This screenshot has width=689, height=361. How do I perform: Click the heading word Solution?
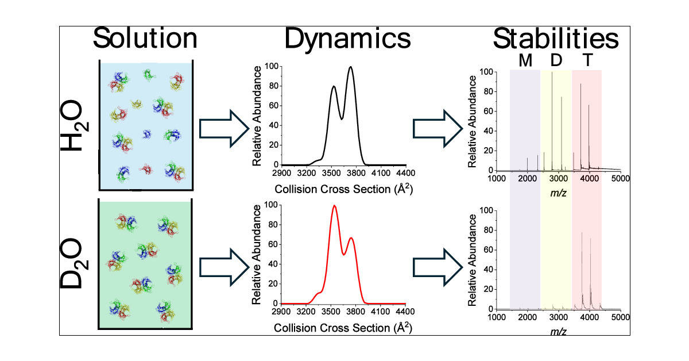click(145, 40)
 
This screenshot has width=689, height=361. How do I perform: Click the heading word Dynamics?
click(348, 40)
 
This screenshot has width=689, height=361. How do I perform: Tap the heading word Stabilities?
click(555, 40)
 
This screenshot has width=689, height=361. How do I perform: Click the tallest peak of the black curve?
click(350, 68)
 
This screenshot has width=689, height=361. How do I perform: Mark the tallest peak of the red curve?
click(334, 206)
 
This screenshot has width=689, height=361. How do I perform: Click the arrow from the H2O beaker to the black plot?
click(221, 127)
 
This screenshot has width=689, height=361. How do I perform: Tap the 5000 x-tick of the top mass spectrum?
click(621, 179)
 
